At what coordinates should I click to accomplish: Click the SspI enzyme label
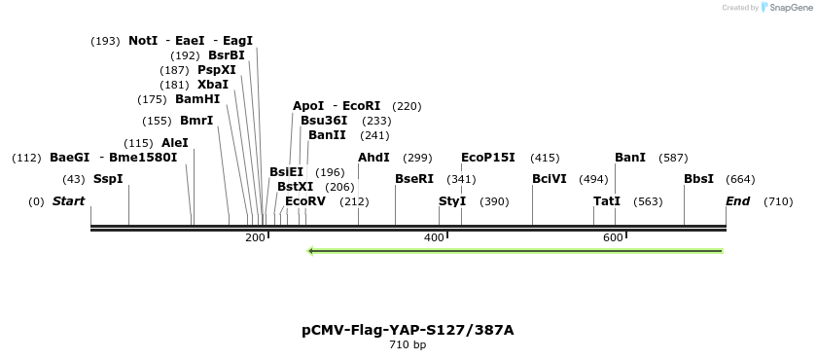coord(108,179)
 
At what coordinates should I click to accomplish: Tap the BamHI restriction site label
coord(197,99)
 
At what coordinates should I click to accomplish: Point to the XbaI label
coord(213,85)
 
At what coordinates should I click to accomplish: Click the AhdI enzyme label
coord(373,158)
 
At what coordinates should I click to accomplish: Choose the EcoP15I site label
coord(488,158)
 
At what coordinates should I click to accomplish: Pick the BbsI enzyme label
coord(698,179)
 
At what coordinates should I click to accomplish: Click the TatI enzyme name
coord(607,201)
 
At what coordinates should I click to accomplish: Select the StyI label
coord(452,201)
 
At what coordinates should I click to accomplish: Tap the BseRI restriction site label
coord(414,179)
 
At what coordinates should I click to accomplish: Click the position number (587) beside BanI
coord(673,158)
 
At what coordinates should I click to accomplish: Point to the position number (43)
coord(74,179)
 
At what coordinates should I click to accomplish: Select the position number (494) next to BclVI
coord(593,179)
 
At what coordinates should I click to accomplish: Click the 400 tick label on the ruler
coord(434,238)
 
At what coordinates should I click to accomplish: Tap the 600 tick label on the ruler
coord(613,238)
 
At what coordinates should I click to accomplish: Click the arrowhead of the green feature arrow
coord(311,251)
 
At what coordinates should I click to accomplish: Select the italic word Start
coord(68,201)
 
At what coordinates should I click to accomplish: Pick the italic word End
coord(738,201)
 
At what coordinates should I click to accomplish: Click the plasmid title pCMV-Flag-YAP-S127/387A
coord(408,330)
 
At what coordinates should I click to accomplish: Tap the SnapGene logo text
coord(790,7)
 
